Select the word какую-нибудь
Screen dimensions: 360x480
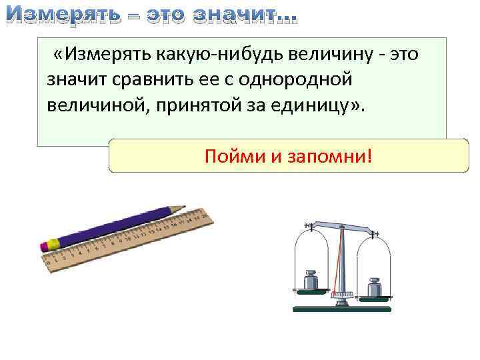209,53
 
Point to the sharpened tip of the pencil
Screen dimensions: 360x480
181,208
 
